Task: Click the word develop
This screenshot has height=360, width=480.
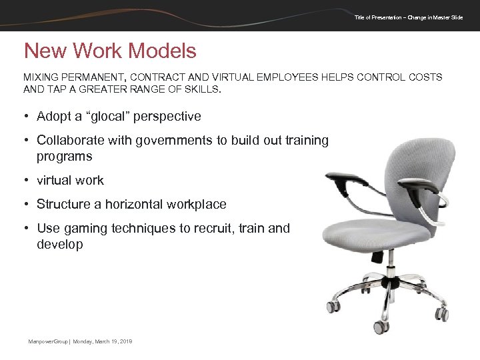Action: [60, 245]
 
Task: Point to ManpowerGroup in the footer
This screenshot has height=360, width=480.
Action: [47, 341]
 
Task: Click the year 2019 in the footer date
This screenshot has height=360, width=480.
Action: [125, 341]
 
